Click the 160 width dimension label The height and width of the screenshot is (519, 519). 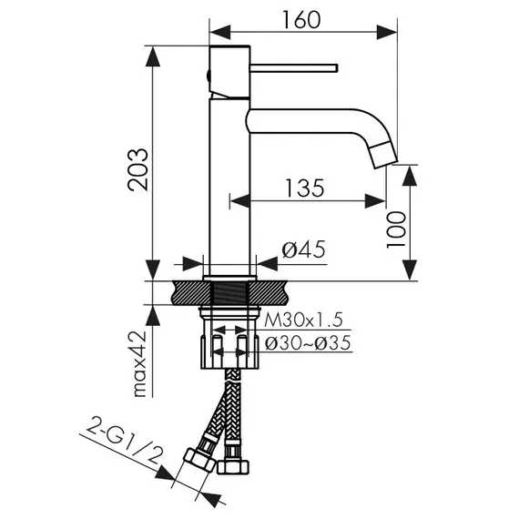point(301,20)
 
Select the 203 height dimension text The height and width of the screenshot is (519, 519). point(137,169)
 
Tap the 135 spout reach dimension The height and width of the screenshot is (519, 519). point(304,188)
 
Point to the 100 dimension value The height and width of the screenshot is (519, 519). point(396,229)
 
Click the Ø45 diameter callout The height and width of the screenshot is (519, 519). point(303,249)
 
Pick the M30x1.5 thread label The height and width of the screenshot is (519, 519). point(303,320)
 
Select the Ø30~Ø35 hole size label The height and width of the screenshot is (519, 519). point(308,343)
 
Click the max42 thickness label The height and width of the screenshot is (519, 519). point(139,364)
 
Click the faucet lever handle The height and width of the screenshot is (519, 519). point(294,67)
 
